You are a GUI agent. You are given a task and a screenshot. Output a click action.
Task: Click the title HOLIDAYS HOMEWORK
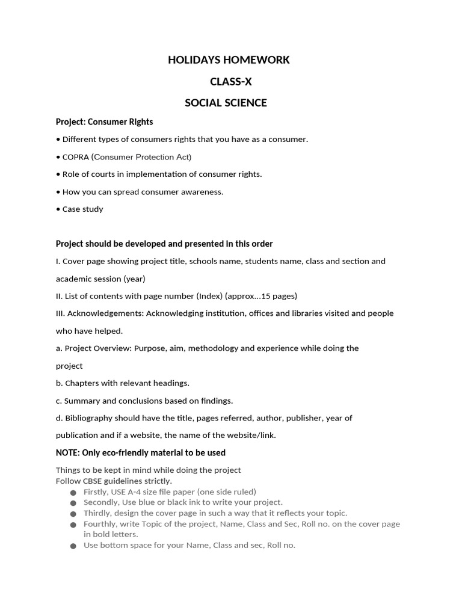click(229, 60)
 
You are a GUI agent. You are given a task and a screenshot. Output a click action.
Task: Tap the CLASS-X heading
click(230, 81)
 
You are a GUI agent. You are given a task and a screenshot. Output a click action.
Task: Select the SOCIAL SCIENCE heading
click(226, 103)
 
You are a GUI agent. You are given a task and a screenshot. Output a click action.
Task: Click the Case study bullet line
click(82, 209)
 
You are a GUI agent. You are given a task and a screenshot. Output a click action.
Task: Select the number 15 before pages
click(266, 296)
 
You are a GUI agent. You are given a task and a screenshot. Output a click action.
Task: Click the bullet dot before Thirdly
click(73, 514)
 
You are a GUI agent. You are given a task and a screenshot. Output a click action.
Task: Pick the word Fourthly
click(100, 524)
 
